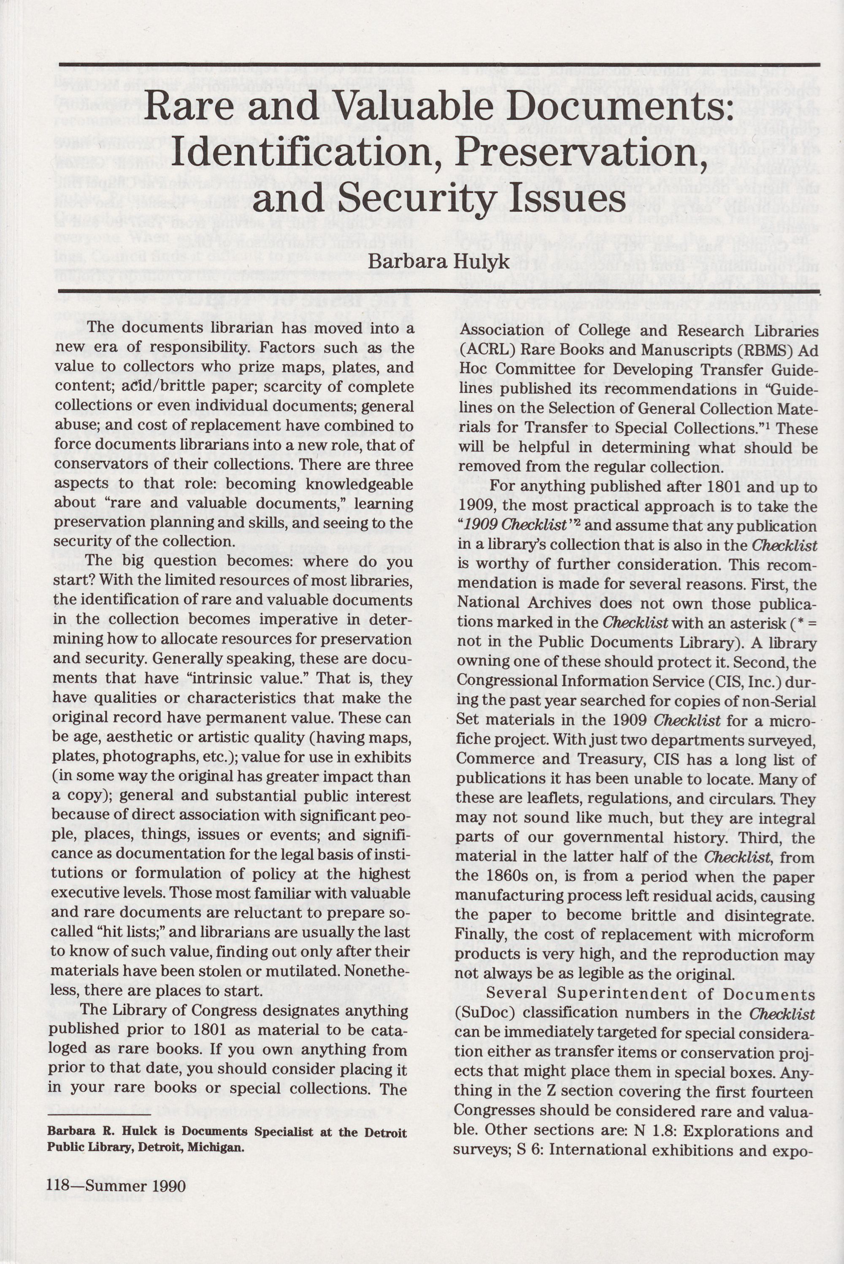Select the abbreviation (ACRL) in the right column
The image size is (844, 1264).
[x=483, y=351]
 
